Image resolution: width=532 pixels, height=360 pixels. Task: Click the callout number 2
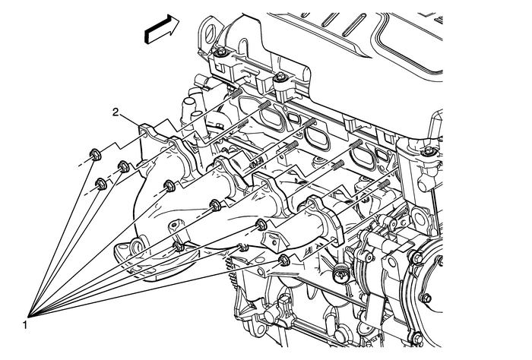click(x=116, y=112)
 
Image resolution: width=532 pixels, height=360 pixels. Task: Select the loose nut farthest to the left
click(x=92, y=154)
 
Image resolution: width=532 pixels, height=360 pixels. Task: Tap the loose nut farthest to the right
click(x=284, y=261)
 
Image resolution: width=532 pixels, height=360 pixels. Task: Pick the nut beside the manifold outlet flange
click(x=178, y=245)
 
